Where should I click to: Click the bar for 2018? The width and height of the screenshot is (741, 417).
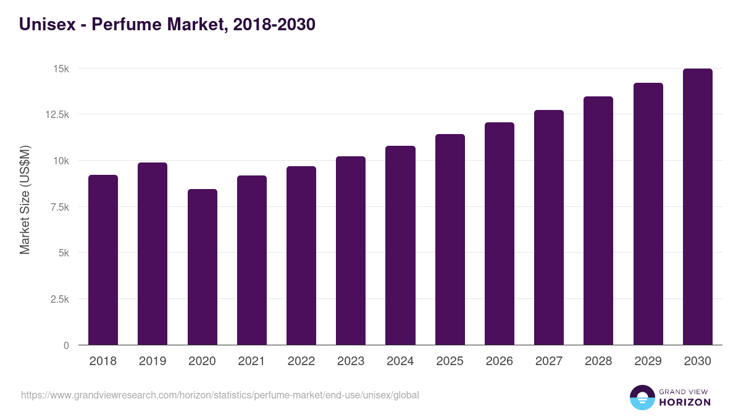(x=103, y=259)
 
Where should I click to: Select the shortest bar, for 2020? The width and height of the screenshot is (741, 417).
(x=202, y=267)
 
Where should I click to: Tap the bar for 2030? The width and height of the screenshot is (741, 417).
(x=697, y=207)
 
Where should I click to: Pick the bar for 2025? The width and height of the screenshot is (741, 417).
(x=450, y=240)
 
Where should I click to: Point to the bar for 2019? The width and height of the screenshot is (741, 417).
(x=153, y=253)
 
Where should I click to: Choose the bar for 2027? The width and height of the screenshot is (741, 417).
(x=549, y=227)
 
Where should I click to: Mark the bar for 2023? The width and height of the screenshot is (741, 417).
(x=351, y=250)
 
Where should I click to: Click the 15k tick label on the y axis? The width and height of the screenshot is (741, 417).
(x=60, y=69)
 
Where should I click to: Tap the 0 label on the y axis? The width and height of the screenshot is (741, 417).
(x=65, y=345)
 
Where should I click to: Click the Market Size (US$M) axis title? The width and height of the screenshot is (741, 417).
(x=25, y=200)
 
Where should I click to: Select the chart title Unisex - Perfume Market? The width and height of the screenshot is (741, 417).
(x=167, y=24)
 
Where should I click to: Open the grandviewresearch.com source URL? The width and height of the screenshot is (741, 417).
(x=220, y=395)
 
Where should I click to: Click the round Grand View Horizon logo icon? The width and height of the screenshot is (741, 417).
(x=642, y=397)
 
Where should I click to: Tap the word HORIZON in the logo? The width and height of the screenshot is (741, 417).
(x=684, y=402)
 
